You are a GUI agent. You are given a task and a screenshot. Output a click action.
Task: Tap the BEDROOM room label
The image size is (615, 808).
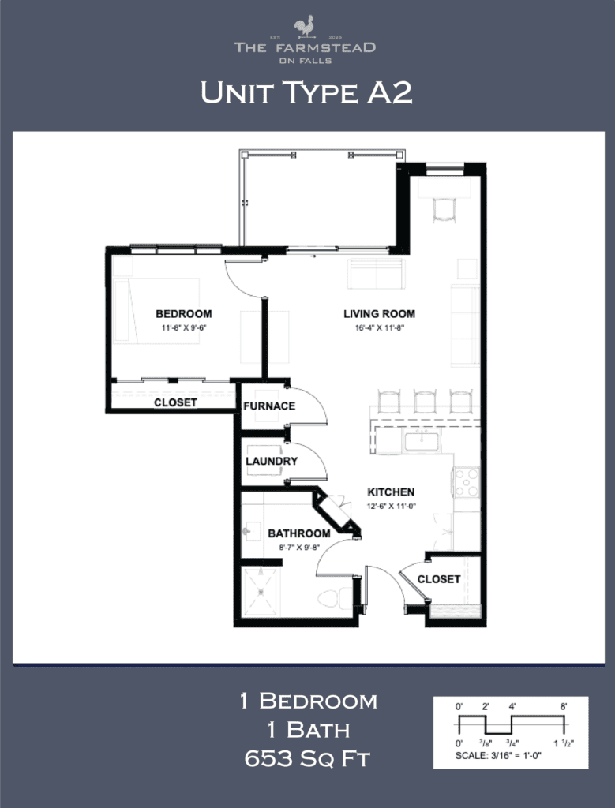[x=183, y=313]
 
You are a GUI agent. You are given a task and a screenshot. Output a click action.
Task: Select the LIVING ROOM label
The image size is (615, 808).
[x=379, y=313]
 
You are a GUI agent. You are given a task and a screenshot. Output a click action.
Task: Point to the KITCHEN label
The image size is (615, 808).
[x=391, y=492]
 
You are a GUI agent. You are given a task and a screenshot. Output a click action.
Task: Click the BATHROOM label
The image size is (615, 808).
[x=298, y=533]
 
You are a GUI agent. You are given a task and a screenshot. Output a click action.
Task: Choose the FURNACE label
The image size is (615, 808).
[x=269, y=406]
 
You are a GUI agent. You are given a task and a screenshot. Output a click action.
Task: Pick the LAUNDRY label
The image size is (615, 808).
[x=272, y=461]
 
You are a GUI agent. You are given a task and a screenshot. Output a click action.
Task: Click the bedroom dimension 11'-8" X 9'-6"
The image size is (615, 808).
[x=183, y=327]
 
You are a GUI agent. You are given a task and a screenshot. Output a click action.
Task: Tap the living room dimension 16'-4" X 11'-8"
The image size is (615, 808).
[x=379, y=327]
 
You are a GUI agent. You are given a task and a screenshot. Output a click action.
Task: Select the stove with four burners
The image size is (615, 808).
[x=466, y=482]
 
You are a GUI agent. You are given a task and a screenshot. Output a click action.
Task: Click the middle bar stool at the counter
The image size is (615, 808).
[x=425, y=401]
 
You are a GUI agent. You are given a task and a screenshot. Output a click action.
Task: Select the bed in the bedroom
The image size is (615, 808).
[x=156, y=309]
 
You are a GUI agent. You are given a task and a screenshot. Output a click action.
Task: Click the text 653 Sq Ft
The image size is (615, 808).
[x=308, y=759]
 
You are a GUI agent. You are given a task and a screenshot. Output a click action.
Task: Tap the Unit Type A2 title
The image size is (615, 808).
[x=306, y=93]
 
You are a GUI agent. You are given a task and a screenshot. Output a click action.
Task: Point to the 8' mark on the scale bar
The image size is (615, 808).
[x=564, y=707]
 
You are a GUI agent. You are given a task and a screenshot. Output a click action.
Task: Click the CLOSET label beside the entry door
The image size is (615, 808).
[x=439, y=579]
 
